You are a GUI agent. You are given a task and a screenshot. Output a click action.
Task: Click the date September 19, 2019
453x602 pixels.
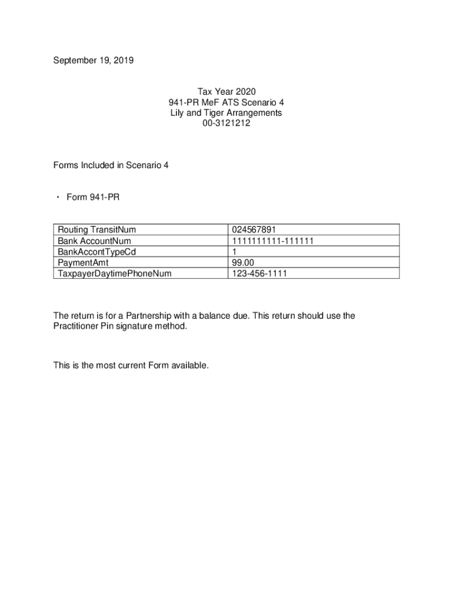pyautogui.click(x=94, y=60)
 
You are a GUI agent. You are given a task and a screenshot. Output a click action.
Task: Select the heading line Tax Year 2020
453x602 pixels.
pyautogui.click(x=226, y=92)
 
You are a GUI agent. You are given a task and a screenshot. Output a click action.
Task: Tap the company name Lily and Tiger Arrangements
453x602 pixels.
pyautogui.click(x=226, y=113)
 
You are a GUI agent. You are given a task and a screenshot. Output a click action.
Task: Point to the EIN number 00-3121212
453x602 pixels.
pyautogui.click(x=226, y=123)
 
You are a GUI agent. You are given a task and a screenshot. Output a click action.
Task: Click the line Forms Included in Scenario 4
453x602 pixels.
pyautogui.click(x=111, y=166)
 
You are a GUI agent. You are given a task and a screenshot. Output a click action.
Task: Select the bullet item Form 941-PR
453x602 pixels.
pyautogui.click(x=93, y=198)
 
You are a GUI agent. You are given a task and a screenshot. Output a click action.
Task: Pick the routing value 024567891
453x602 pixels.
pyautogui.click(x=254, y=230)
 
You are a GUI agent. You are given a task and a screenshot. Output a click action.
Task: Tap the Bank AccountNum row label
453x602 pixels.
pyautogui.click(x=94, y=241)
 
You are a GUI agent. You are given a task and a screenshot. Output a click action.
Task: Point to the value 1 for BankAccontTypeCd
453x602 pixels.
pyautogui.click(x=235, y=252)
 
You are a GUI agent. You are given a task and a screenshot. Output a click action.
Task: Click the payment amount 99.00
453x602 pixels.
pyautogui.click(x=244, y=262)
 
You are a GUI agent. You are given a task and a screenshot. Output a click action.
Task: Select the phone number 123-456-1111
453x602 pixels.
pyautogui.click(x=259, y=273)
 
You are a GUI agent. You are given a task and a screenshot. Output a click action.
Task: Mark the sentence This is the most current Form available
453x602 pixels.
pyautogui.click(x=131, y=366)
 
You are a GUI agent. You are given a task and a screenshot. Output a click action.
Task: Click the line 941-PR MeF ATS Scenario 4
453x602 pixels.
pyautogui.click(x=226, y=102)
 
